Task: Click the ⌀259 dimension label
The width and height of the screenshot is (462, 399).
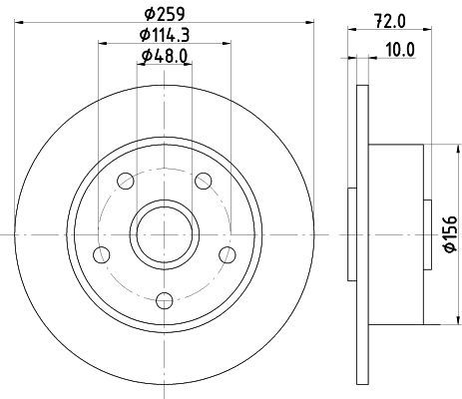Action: point(165,14)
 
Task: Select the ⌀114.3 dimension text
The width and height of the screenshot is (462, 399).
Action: point(165,35)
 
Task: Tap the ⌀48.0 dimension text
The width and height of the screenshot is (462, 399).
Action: point(165,56)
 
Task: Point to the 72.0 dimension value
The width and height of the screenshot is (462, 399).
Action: point(390,22)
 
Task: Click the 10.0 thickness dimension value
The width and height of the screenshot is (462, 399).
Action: point(400,50)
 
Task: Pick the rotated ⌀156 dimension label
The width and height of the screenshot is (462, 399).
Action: point(451,233)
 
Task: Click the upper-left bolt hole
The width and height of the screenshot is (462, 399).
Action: point(126,182)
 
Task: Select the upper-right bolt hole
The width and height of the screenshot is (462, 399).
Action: point(204,182)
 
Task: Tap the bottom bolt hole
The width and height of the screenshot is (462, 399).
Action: point(165,300)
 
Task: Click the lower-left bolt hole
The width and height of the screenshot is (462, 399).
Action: point(102,255)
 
